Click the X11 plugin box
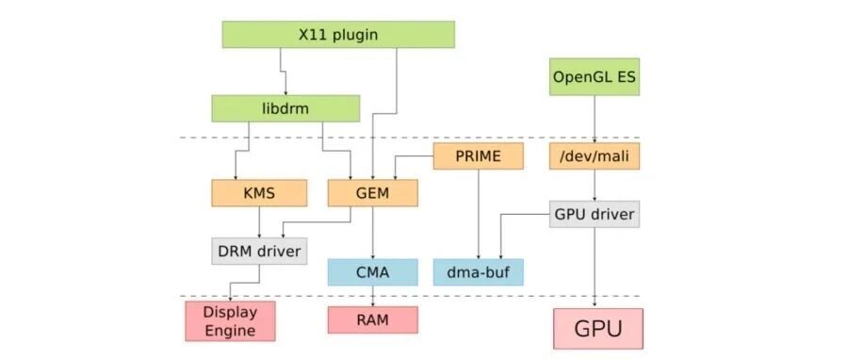pos(338,35)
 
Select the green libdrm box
pos(285,108)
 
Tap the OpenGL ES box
pos(595,76)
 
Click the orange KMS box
pos(259,193)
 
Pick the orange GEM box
pos(372,193)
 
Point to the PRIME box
pos(478,156)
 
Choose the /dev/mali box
pos(595,156)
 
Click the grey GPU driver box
pos(595,214)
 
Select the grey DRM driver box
pos(259,251)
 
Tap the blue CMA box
pos(372,272)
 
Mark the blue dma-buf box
pos(478,272)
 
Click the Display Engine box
pos(230,321)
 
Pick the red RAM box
pos(372,319)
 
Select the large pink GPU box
pos(598,329)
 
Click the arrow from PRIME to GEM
pos(414,156)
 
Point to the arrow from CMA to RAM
pos(372,296)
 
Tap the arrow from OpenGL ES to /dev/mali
pos(595,119)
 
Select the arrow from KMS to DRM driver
pos(259,221)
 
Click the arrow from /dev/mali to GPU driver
pos(595,185)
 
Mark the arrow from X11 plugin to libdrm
pos(283,71)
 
